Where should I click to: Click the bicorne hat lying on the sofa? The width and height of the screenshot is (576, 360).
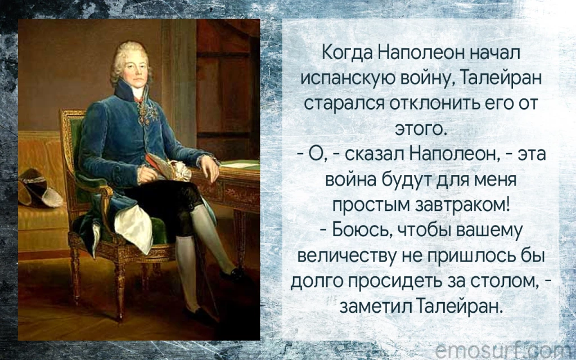coord(39,187)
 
